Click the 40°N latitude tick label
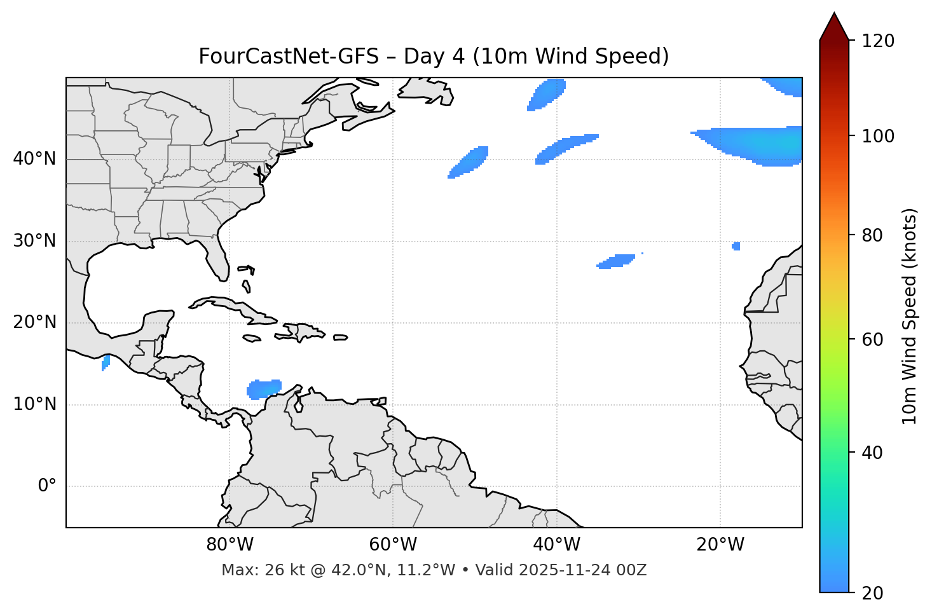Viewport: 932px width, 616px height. click(x=34, y=159)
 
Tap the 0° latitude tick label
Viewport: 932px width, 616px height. click(x=47, y=486)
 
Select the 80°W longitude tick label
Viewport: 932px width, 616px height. click(x=230, y=545)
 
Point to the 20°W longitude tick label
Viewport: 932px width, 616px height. click(x=720, y=545)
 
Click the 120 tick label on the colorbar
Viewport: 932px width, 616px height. click(x=877, y=41)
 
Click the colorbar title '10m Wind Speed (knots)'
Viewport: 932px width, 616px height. click(x=910, y=316)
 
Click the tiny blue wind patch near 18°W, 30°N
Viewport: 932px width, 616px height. click(x=736, y=246)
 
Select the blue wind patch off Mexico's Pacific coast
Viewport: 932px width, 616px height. click(x=106, y=362)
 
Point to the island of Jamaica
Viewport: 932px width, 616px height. click(x=252, y=338)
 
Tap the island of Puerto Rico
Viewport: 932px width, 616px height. click(x=340, y=338)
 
